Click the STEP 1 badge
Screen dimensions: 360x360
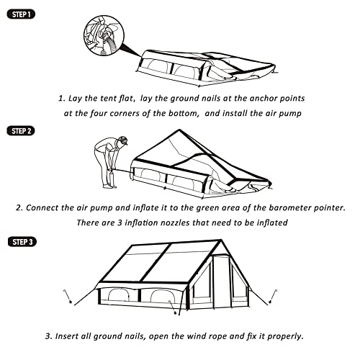pos(21,14)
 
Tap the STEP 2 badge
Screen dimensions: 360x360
pos(21,131)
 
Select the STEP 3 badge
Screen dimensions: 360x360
pos(22,242)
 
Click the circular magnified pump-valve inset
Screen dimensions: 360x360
pos(104,35)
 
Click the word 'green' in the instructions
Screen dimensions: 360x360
pos(206,208)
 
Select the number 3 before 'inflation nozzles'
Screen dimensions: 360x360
pos(120,222)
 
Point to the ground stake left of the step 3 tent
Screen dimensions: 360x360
pos(68,297)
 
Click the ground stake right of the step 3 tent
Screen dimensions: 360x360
pos(273,297)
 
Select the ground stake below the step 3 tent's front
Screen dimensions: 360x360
pos(173,307)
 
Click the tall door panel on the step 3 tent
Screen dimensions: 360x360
pos(221,282)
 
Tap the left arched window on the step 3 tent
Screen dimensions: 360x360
pos(118,295)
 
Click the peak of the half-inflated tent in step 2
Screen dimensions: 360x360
pos(179,130)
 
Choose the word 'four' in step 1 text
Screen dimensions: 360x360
pos(99,113)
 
